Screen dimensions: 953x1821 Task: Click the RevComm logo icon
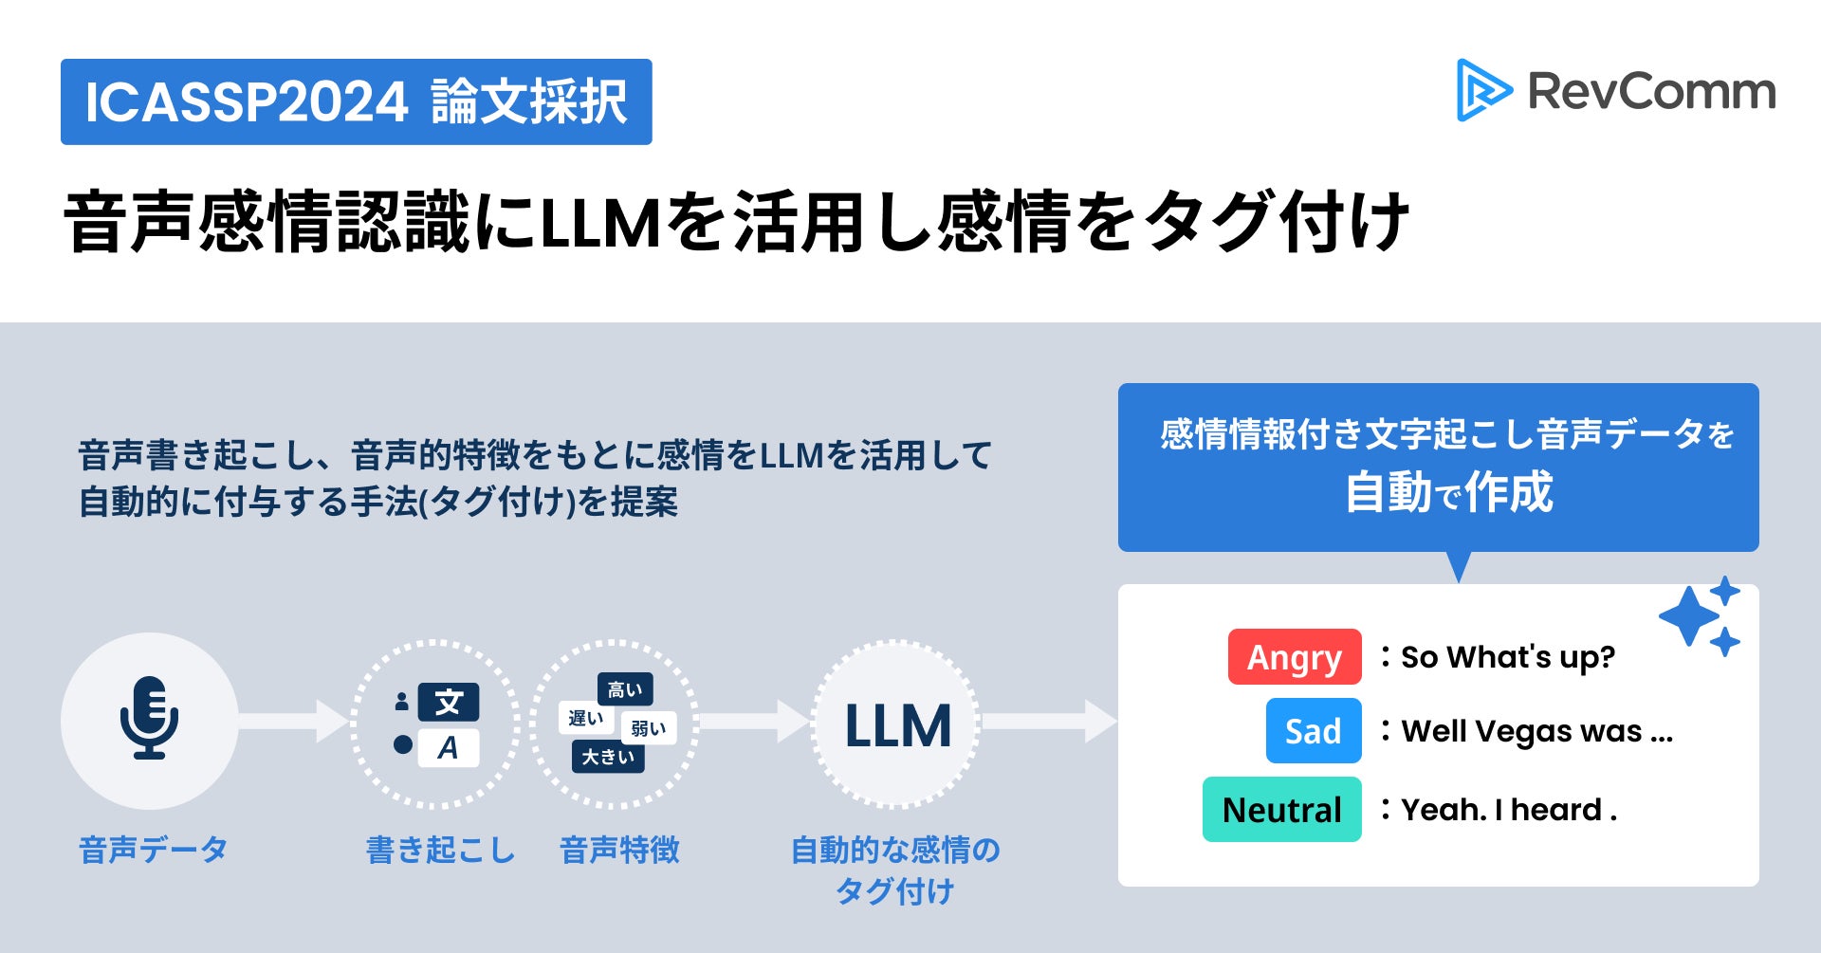(1483, 91)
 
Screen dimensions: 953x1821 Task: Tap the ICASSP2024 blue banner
(356, 101)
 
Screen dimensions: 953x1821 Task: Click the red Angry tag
(1294, 656)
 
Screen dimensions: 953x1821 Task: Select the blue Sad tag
(1313, 730)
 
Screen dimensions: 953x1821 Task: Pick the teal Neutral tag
(1281, 809)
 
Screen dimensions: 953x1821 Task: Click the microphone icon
(149, 718)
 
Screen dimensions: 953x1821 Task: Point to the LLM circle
(896, 724)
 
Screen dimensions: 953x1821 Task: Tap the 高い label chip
(625, 689)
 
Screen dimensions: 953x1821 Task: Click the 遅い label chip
(585, 718)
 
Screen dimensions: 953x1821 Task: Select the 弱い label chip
(649, 728)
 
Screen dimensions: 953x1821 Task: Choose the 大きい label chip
(608, 757)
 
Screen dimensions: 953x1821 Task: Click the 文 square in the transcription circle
(449, 703)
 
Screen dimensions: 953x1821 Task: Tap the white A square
(449, 747)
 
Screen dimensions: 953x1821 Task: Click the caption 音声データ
(153, 850)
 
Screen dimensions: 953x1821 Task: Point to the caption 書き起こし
(440, 850)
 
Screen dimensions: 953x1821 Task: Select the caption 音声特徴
(619, 850)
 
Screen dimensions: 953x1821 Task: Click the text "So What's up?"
(1507, 656)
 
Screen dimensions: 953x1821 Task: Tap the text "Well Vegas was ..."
(1536, 730)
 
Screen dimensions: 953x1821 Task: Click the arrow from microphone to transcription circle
(294, 722)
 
